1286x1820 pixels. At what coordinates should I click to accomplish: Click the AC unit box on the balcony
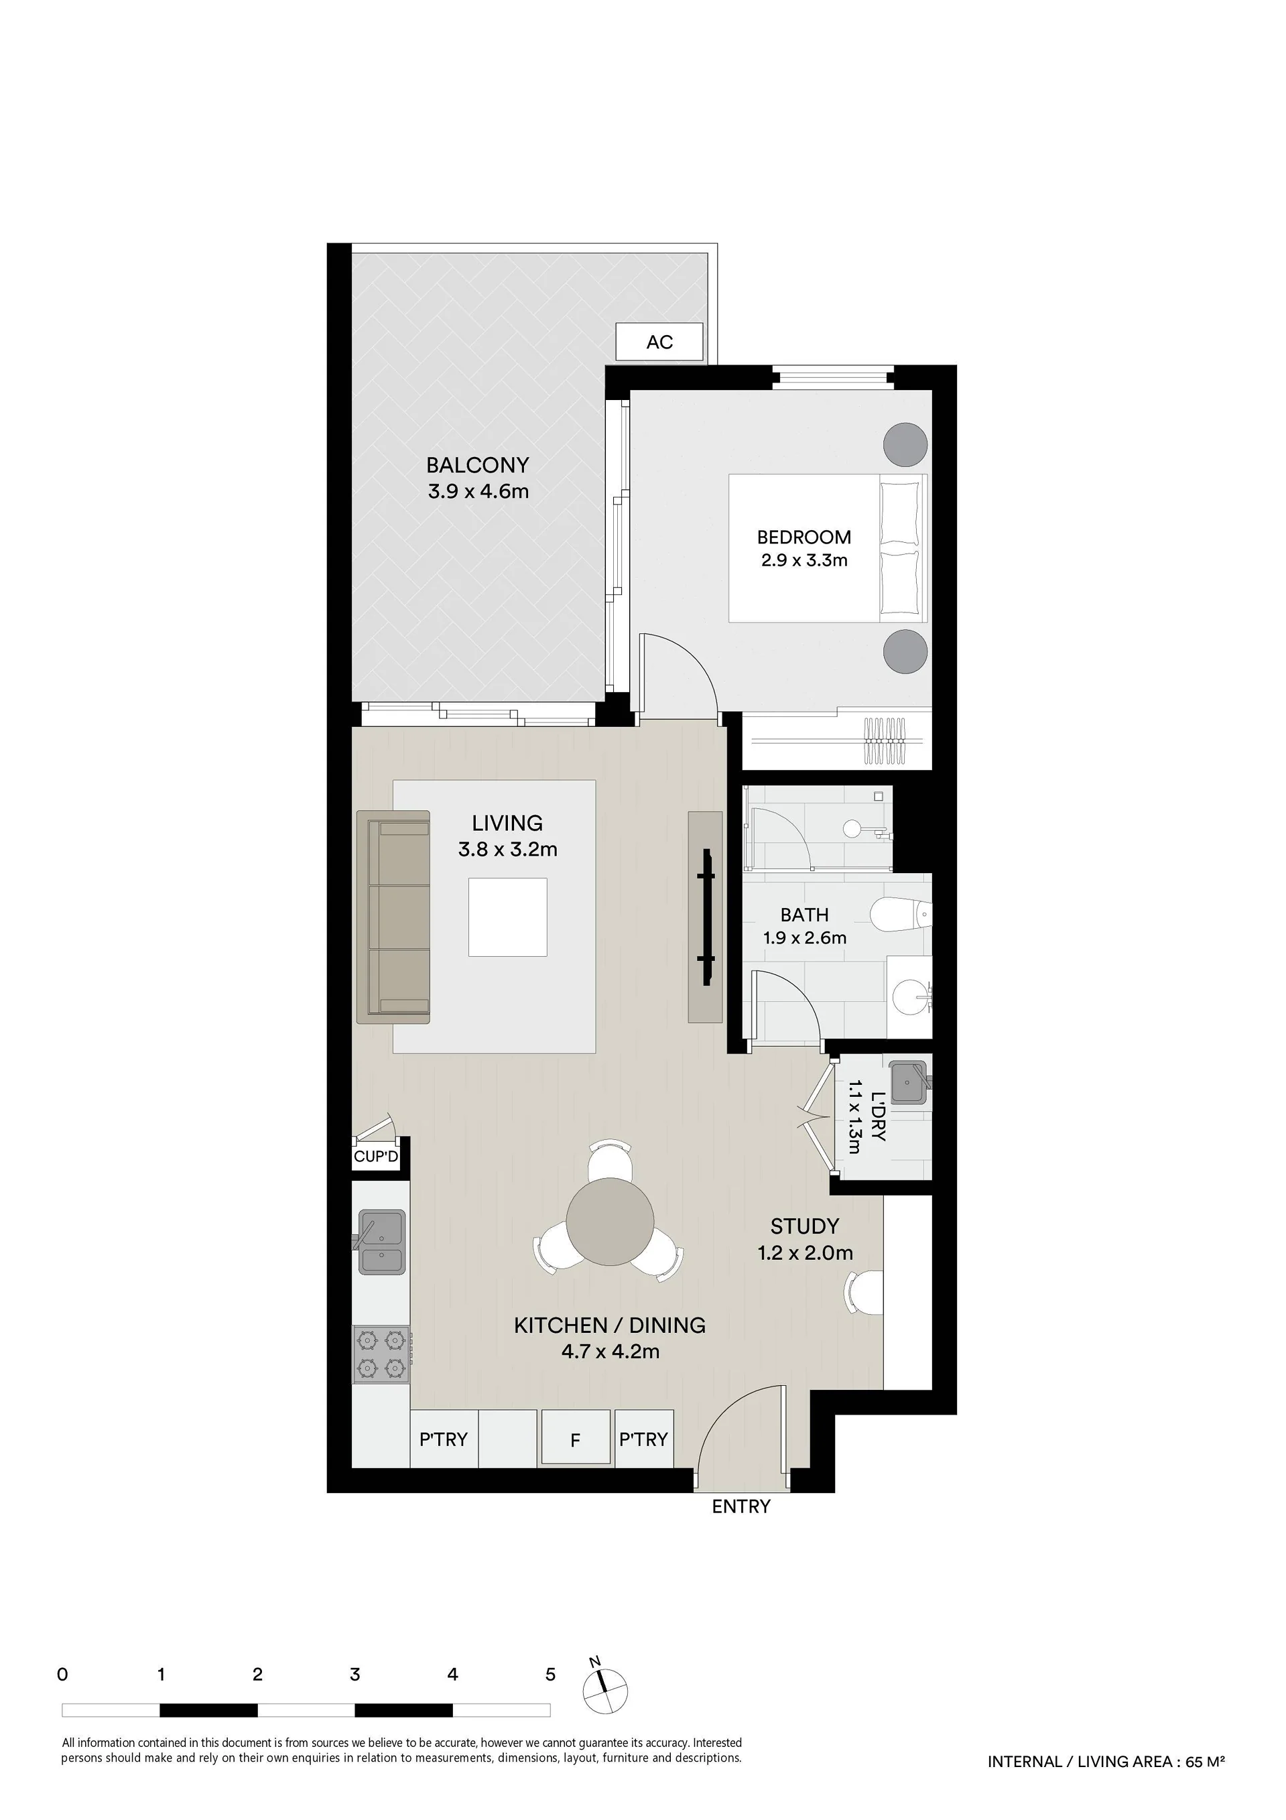point(659,342)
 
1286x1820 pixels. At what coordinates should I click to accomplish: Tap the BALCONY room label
point(477,465)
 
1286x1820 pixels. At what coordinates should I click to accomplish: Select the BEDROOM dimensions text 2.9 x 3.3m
point(804,560)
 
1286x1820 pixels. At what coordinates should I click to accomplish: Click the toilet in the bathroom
point(901,915)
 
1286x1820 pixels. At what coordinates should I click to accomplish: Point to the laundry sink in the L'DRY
point(909,1083)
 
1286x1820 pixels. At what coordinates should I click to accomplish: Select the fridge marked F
point(576,1440)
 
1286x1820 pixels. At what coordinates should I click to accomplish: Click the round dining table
point(610,1222)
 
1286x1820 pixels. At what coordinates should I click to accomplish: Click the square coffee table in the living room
point(507,917)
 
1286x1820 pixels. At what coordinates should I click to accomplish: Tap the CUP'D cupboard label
point(376,1157)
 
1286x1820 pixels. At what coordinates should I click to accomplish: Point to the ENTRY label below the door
point(741,1507)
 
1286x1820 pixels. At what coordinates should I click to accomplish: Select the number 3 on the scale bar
point(355,1674)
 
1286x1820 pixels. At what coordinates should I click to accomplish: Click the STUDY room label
point(804,1226)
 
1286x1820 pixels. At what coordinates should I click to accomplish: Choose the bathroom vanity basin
point(909,996)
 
